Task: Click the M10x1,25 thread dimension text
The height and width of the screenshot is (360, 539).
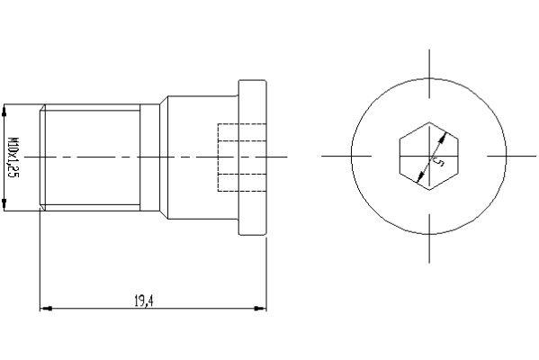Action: coord(14,157)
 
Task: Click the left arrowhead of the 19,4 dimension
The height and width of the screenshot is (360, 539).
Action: coord(44,309)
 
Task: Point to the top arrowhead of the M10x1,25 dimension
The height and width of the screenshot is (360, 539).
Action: coord(6,110)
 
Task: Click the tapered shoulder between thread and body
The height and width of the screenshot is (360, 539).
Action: coord(151,157)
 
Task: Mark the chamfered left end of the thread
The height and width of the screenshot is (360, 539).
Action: coord(41,157)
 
